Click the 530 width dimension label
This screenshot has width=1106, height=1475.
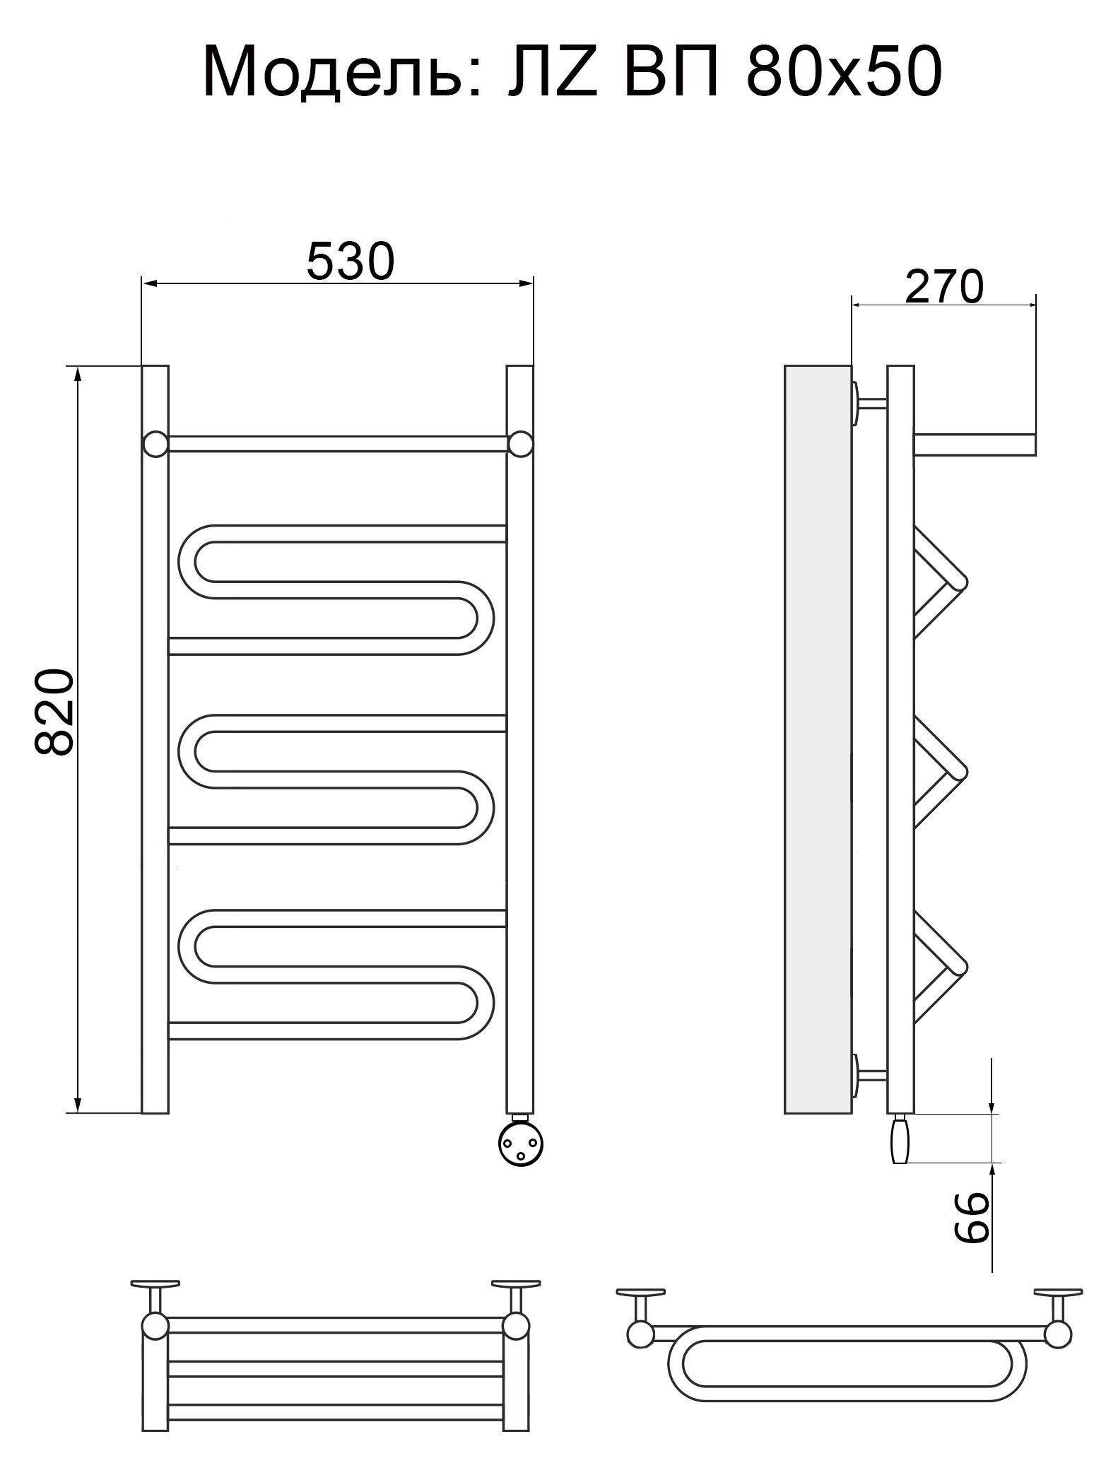tap(350, 261)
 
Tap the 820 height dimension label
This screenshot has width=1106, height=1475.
tap(54, 712)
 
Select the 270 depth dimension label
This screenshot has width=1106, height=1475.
tap(943, 286)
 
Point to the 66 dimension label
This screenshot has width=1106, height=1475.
tap(970, 1217)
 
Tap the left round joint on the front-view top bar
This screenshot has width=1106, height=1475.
tap(155, 444)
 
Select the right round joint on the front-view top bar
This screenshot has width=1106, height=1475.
tap(521, 444)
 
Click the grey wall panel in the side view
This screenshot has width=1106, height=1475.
tap(818, 739)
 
